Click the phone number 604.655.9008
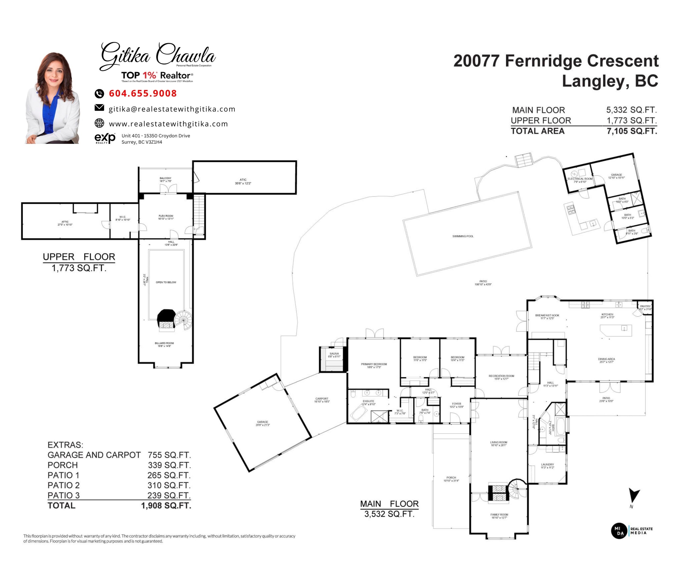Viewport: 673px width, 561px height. [x=143, y=93]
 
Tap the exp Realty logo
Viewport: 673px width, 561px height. [x=105, y=138]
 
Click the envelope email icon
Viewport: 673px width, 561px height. [x=99, y=108]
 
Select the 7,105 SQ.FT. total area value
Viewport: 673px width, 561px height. [x=632, y=131]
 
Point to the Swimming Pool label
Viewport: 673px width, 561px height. [x=463, y=236]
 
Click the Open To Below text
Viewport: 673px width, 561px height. [x=166, y=282]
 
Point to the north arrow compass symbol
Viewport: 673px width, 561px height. [x=633, y=496]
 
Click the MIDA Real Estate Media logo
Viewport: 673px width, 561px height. [x=631, y=531]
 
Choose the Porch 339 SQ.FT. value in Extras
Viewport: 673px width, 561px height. [x=169, y=465]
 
